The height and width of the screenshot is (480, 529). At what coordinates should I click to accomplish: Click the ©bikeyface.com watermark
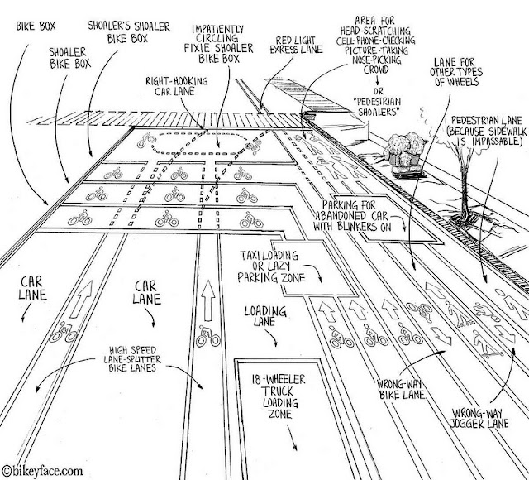42,471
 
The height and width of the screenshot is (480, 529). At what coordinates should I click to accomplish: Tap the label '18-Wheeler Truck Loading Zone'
279,396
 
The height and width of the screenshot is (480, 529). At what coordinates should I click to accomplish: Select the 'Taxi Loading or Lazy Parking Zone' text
270,266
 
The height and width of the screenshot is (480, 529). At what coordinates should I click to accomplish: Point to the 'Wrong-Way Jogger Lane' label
479,419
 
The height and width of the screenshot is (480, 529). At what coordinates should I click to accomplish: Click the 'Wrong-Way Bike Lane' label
401,389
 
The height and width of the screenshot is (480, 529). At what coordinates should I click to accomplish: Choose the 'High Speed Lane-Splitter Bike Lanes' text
132,358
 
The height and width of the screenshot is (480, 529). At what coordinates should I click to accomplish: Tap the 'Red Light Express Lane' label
296,46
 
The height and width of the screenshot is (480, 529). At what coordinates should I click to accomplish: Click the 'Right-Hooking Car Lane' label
176,86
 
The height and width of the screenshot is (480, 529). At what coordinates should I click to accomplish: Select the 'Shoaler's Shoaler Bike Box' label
128,32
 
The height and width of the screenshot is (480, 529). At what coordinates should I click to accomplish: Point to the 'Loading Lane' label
265,316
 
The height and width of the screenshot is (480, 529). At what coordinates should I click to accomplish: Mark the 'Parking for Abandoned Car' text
350,210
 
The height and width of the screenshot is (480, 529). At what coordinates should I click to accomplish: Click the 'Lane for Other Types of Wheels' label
455,72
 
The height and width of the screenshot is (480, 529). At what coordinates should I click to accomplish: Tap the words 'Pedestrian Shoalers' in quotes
377,107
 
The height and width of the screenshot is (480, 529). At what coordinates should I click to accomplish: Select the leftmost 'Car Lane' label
32,288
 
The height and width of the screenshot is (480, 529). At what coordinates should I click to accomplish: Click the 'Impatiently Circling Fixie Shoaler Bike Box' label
218,44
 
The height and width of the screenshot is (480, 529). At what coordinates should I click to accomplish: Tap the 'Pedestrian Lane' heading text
486,121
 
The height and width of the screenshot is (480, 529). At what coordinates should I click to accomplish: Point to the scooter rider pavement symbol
487,344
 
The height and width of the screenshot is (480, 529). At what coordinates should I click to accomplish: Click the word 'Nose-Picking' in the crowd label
377,60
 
